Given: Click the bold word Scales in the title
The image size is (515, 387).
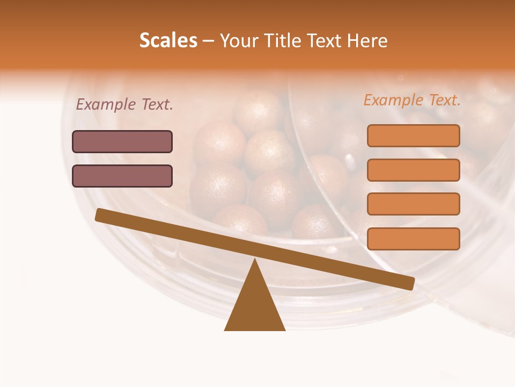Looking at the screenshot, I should pos(168,40).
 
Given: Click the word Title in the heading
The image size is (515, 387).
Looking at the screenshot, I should pos(285,40).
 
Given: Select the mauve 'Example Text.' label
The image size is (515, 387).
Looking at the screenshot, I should pos(124,105).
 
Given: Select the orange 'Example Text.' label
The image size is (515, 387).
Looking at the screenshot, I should pos(412,100).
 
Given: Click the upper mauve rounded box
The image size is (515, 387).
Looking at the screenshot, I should pos(122,141).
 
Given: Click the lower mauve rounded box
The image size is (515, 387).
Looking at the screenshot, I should pos(122,176).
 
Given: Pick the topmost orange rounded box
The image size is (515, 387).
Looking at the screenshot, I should pos(413,135).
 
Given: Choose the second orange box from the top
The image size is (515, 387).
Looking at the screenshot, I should pos(413,170).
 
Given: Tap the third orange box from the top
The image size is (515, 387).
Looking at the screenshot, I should pos(413,204).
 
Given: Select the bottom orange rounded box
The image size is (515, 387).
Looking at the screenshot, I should pos(413,239).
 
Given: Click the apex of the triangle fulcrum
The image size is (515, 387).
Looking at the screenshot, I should pos(255,260).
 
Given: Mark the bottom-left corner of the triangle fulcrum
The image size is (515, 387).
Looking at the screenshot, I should pos(225,329).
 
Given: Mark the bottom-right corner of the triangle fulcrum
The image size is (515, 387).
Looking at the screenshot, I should pos(284,329).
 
